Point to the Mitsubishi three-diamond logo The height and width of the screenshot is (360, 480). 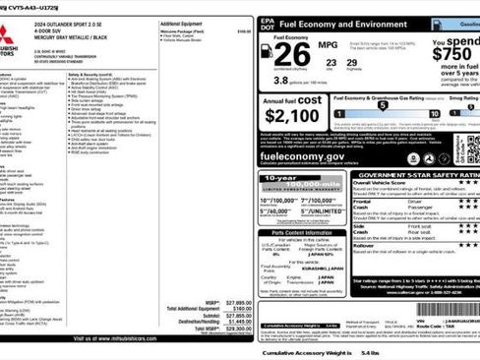point(8,32)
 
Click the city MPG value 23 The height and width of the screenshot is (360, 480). point(329,62)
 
